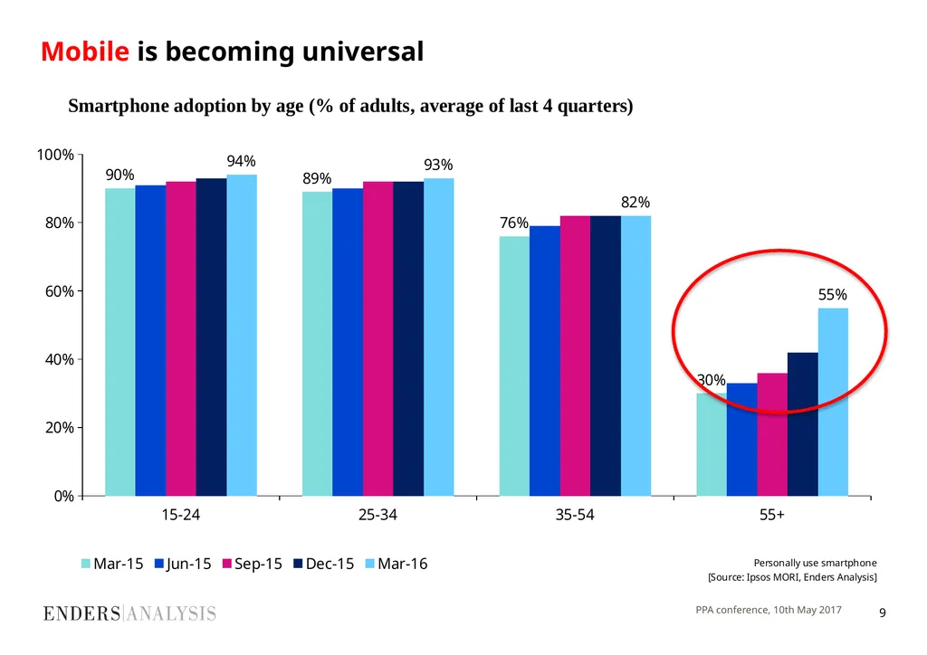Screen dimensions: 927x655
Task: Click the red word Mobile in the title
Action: click(84, 52)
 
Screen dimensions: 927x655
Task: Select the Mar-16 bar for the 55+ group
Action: click(833, 402)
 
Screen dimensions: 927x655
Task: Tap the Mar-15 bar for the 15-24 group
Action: click(120, 342)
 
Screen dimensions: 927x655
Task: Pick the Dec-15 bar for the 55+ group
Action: click(803, 424)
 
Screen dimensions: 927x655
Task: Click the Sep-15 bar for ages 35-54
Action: click(575, 356)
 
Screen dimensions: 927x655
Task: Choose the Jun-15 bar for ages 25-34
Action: click(348, 342)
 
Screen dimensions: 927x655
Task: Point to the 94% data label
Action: click(241, 161)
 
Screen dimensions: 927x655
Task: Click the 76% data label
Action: click(514, 223)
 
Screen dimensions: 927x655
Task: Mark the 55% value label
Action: click(833, 294)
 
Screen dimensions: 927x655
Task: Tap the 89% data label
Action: click(317, 178)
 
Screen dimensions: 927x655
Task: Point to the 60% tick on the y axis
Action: click(60, 291)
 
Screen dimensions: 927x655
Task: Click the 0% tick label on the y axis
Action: click(64, 496)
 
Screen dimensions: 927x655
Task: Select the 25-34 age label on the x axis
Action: click(377, 515)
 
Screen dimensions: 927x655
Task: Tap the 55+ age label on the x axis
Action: click(772, 515)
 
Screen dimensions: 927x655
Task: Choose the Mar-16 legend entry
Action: click(397, 564)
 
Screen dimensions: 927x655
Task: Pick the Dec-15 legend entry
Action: click(324, 564)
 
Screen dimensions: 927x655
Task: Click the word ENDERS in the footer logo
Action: click(81, 613)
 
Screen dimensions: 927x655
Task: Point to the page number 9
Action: click(883, 613)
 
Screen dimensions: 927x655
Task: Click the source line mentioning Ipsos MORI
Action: click(792, 577)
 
